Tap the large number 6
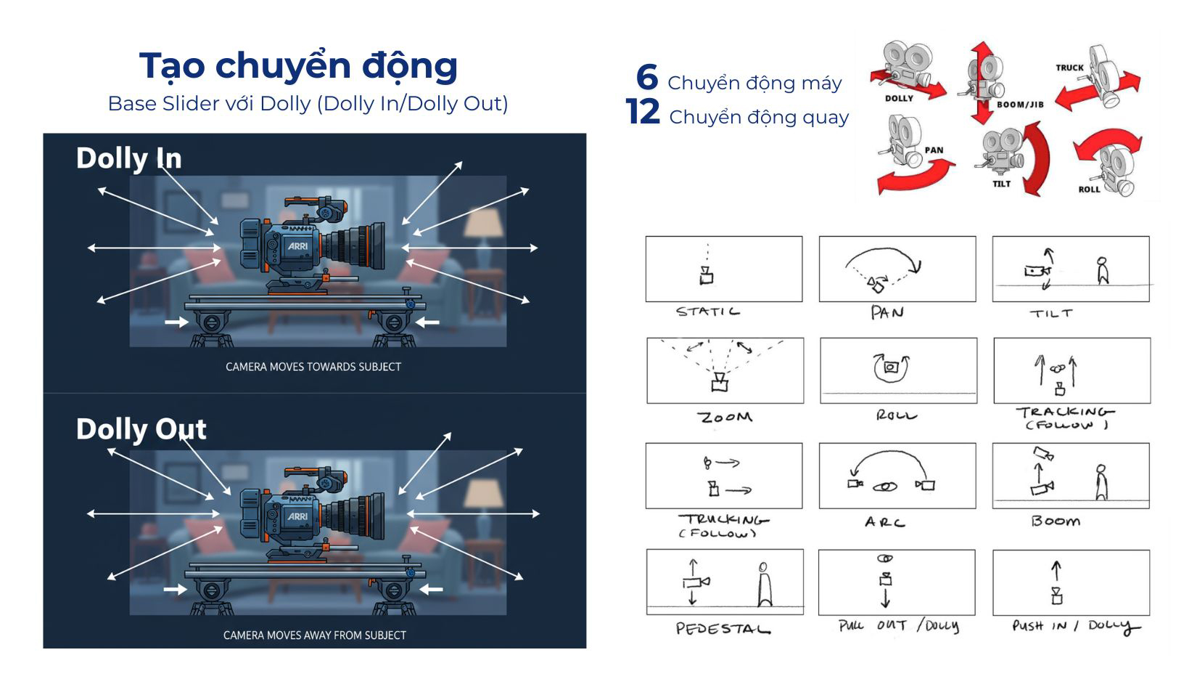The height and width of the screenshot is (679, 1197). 647,77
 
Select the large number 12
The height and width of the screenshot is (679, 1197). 643,112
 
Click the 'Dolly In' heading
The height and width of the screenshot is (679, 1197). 129,159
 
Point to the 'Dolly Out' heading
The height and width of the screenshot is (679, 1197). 141,429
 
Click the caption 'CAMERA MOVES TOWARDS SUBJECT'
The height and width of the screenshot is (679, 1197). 313,367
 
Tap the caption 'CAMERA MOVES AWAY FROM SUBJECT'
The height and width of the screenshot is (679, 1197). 315,635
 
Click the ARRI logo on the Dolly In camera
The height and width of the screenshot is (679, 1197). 297,246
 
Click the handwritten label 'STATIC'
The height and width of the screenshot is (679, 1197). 708,312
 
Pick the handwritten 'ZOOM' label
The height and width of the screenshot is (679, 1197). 725,417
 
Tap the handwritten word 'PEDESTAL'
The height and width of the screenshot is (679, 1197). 723,629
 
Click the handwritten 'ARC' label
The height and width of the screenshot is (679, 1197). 885,522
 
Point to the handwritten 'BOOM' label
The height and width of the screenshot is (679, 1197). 1056,521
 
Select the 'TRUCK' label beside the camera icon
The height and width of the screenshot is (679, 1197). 1069,68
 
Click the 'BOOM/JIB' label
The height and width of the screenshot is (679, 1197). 1020,105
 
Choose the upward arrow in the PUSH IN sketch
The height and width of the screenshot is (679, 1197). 1056,570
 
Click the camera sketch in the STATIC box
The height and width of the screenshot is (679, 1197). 707,275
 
